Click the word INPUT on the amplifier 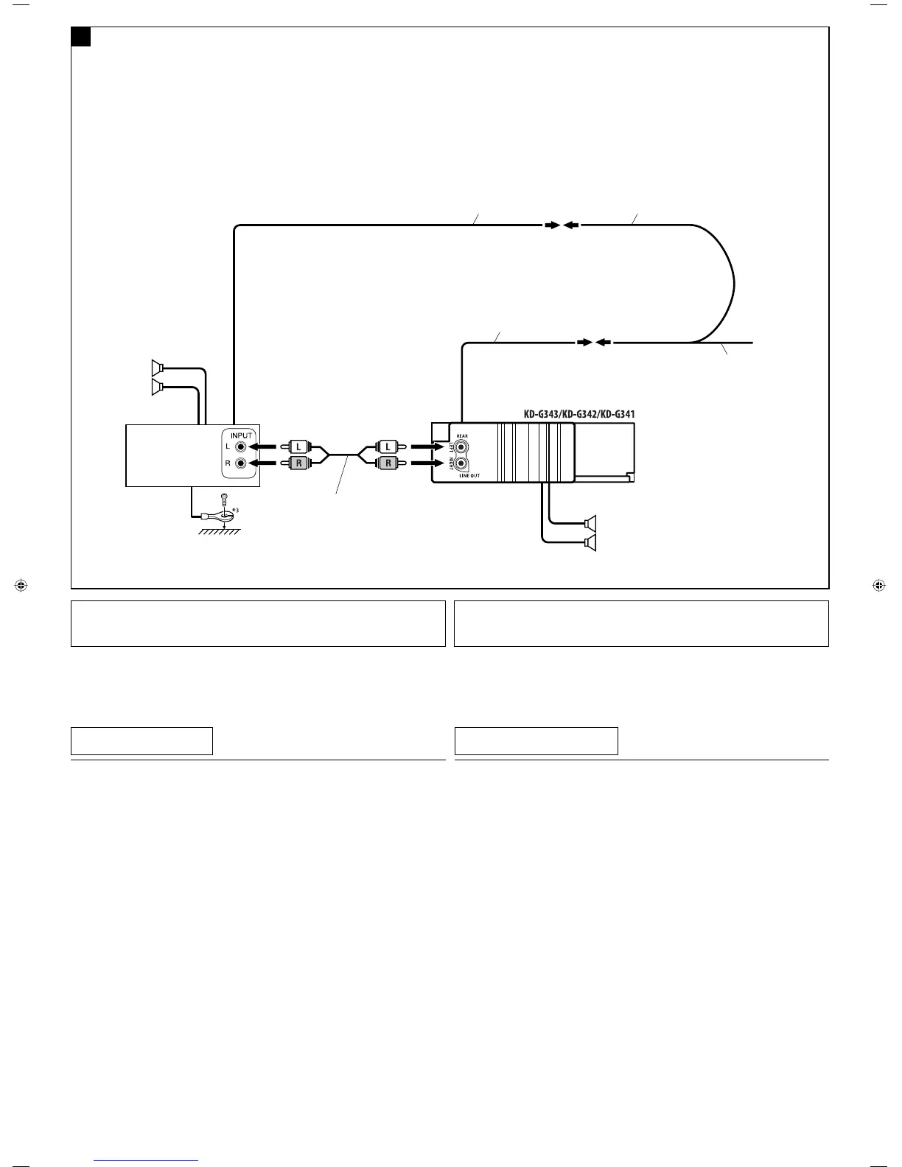pos(242,435)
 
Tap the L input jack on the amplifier pos(241,446)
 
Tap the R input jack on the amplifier pos(241,463)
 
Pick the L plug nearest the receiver pos(388,446)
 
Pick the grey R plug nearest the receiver pos(388,463)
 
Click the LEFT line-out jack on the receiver pos(462,446)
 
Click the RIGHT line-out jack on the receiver pos(462,463)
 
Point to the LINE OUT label pos(469,476)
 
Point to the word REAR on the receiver pos(462,436)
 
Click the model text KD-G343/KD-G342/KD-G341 pos(579,415)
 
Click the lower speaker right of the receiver pos(590,544)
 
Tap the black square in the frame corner pos(81,37)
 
